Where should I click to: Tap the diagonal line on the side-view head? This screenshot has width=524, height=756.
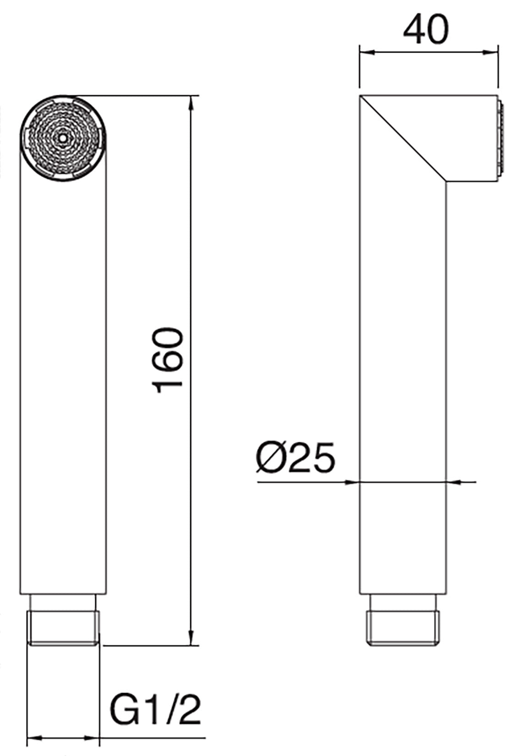point(403,137)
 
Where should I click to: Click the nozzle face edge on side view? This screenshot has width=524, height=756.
point(502,137)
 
